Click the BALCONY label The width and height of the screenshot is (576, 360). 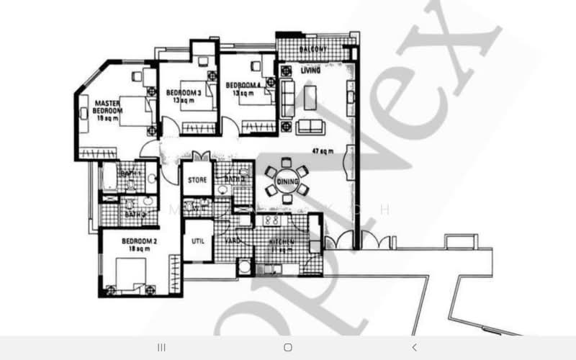[x=313, y=49]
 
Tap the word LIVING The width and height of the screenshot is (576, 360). [x=310, y=70]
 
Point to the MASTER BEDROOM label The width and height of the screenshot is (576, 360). [x=109, y=107]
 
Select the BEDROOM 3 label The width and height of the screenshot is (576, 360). [x=184, y=93]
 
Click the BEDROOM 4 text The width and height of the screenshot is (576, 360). [x=246, y=85]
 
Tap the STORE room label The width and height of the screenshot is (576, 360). [x=197, y=180]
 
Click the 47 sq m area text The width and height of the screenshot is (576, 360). [x=321, y=152]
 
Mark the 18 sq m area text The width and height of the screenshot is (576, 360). [x=117, y=248]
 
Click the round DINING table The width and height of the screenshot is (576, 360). [x=287, y=181]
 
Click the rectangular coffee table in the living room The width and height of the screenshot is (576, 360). [x=310, y=97]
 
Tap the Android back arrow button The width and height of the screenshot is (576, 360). [x=415, y=347]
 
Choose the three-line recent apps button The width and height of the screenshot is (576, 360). [x=161, y=347]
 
